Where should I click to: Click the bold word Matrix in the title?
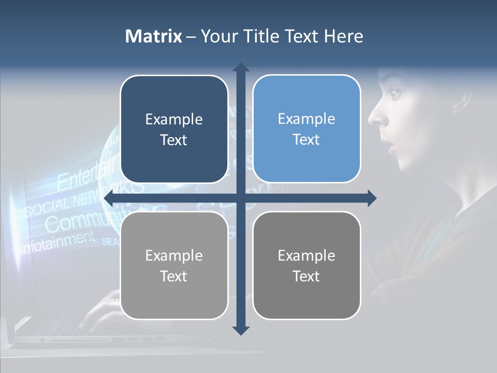[x=153, y=36]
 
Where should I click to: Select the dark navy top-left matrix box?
[x=174, y=129]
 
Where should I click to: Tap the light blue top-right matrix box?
[x=306, y=129]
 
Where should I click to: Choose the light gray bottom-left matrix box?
[x=174, y=265]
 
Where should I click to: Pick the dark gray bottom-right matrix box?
[x=306, y=265]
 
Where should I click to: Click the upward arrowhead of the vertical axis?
[x=241, y=67]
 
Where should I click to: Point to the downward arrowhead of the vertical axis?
[x=241, y=331]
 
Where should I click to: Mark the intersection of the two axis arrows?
[x=241, y=198]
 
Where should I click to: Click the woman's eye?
[x=394, y=94]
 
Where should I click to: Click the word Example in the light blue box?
[x=306, y=119]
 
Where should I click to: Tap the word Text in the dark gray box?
[x=306, y=276]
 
